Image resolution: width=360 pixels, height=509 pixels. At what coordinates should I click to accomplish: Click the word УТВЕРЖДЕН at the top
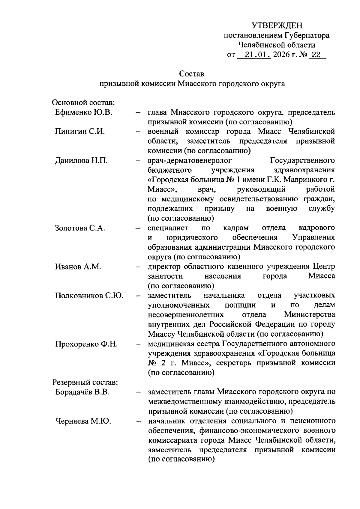[277, 25]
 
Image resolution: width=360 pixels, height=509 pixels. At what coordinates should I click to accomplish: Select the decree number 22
[316, 55]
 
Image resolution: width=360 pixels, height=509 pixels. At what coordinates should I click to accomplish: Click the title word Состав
[192, 73]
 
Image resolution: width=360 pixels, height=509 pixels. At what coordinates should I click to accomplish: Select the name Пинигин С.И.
[80, 132]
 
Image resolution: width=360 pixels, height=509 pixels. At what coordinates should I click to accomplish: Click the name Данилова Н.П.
[81, 160]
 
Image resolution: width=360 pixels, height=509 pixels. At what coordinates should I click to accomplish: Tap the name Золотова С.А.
[80, 228]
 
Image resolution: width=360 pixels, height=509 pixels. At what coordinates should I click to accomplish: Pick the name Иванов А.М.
[78, 266]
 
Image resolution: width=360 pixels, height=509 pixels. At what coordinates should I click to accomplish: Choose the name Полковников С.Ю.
[89, 296]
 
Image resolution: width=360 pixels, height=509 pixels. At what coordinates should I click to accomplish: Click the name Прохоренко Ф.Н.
[86, 344]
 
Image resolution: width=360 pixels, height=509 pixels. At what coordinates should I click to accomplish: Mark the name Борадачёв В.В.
[82, 392]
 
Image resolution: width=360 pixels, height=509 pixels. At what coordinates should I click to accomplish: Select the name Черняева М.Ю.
[83, 421]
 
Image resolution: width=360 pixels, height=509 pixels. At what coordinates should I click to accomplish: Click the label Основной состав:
[84, 103]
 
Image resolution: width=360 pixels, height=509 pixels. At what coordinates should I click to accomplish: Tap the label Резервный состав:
[85, 382]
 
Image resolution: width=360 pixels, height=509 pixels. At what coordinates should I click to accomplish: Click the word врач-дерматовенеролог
[190, 160]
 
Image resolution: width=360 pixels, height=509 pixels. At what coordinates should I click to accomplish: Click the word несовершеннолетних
[186, 315]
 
